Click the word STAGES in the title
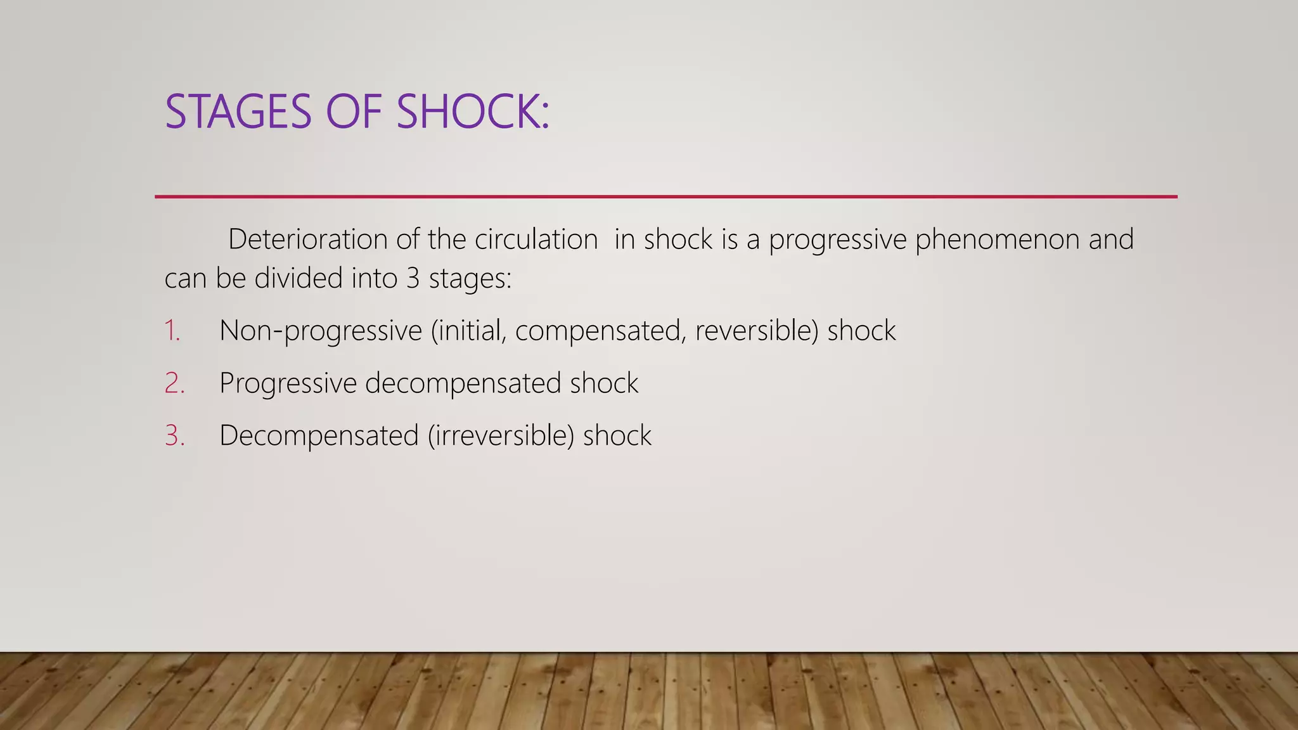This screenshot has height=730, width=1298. coord(238,112)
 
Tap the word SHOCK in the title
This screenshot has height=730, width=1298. coord(472,112)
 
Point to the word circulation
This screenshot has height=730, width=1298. coord(536,240)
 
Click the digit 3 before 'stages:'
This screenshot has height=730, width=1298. coord(413,278)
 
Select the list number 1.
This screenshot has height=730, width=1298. coord(172,331)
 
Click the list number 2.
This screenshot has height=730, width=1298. coord(174,383)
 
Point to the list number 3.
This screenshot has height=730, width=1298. coord(174,436)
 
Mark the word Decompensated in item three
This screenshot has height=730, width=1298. coord(319,436)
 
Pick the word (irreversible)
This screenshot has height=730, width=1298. coord(501,436)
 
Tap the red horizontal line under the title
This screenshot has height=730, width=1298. coord(665,197)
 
